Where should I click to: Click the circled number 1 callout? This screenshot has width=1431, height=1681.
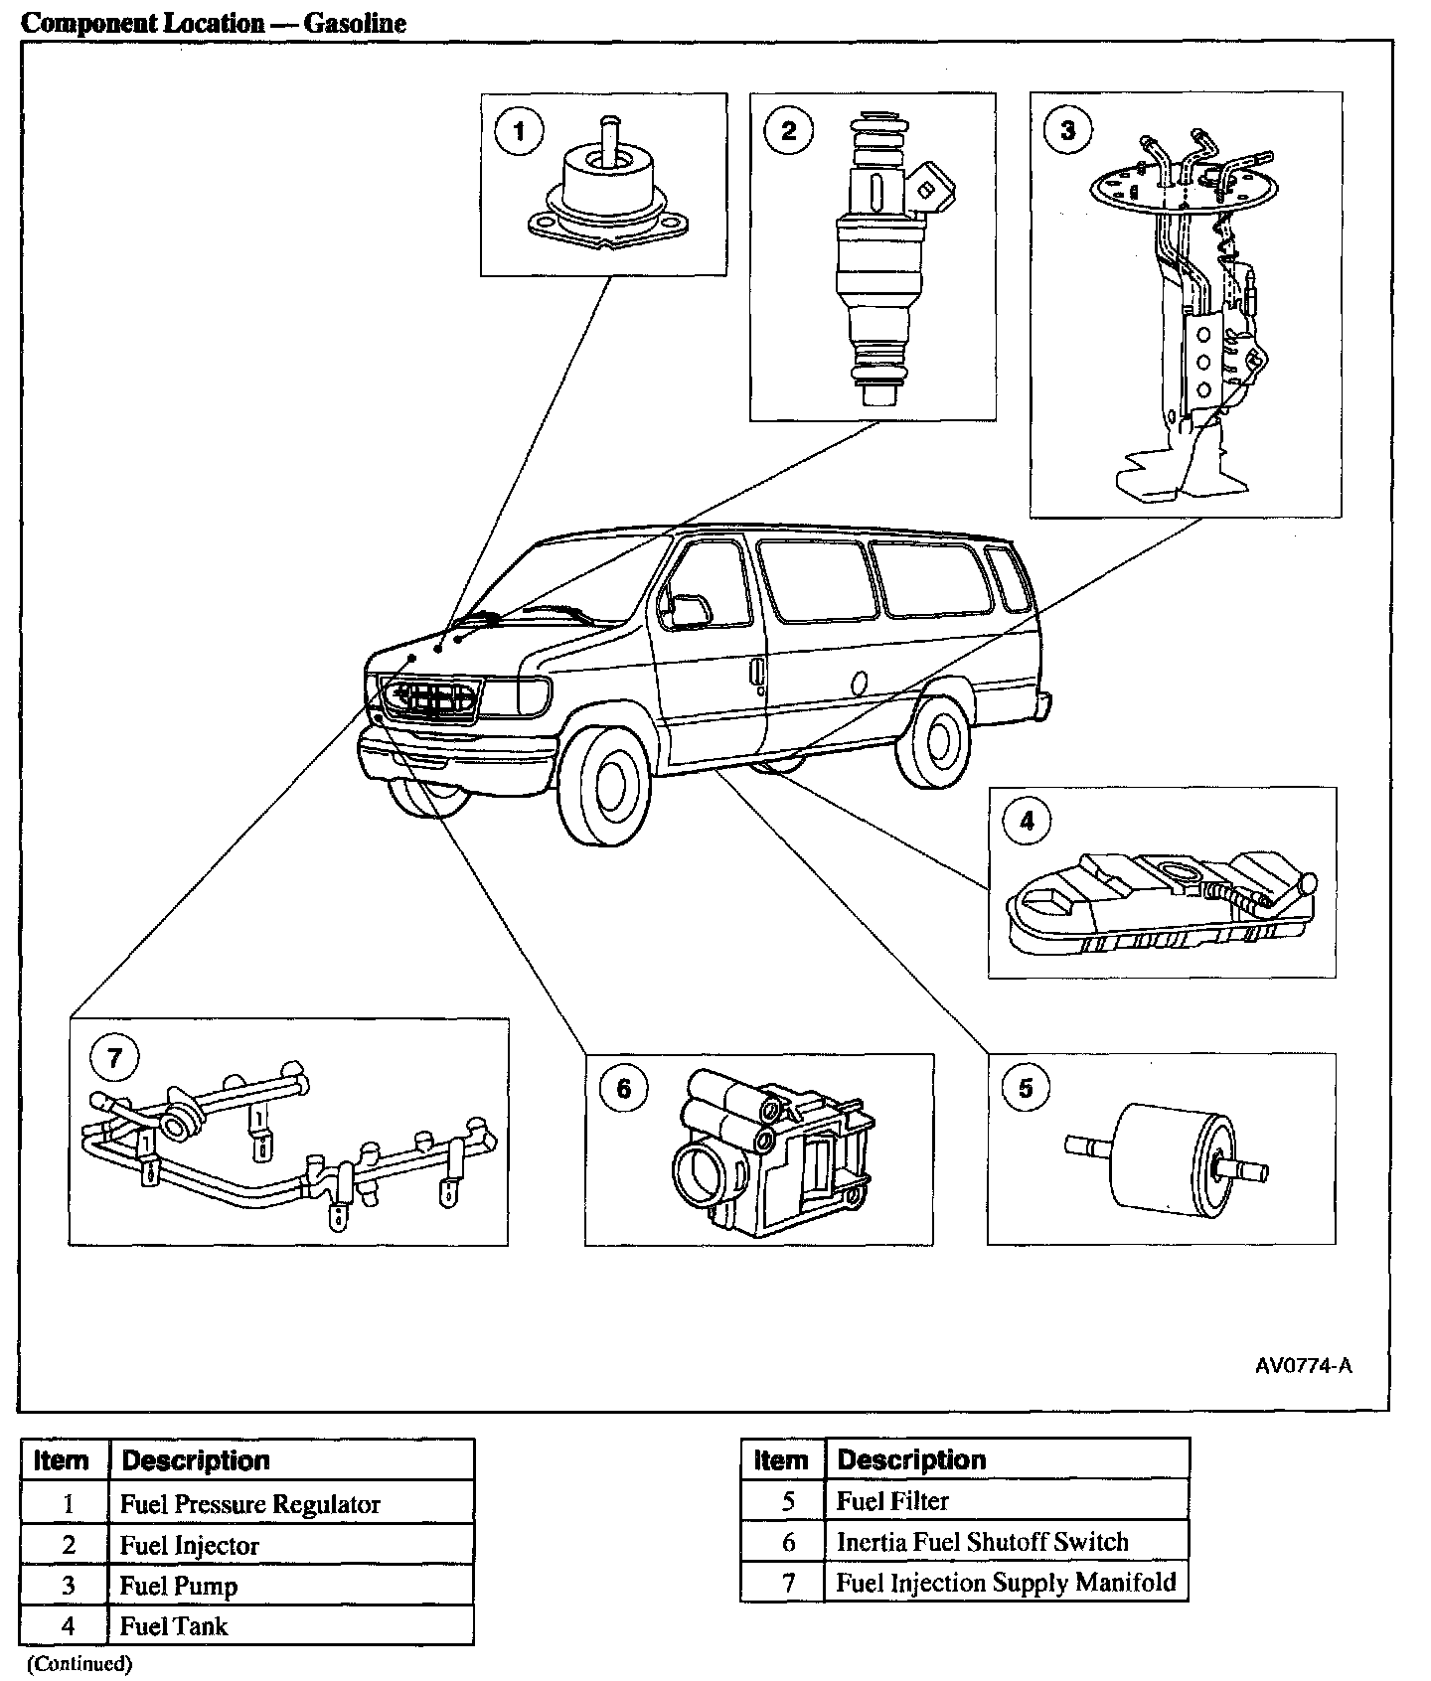[x=517, y=131]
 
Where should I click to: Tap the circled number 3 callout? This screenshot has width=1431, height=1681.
[x=1068, y=131]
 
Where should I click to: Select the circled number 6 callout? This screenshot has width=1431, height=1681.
[x=623, y=1089]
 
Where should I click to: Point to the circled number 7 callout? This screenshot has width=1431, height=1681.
[x=114, y=1057]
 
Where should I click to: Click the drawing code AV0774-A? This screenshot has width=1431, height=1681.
[x=1303, y=1365]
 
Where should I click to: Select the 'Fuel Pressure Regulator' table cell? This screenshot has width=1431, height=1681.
[x=250, y=1504]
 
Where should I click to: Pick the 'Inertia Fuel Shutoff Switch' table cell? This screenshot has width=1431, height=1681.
[x=982, y=1542]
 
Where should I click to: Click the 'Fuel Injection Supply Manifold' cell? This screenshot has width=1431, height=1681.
[x=1006, y=1583]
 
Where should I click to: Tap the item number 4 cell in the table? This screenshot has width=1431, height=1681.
[x=68, y=1626]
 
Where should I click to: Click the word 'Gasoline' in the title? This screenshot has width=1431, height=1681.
[x=355, y=23]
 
